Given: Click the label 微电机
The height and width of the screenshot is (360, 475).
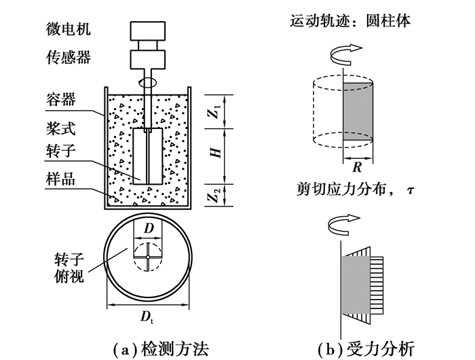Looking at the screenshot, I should click(67, 30).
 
